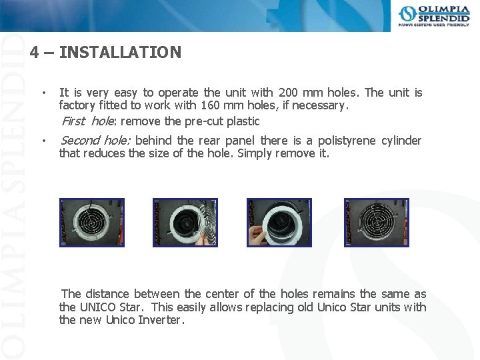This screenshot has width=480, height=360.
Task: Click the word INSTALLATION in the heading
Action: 120,52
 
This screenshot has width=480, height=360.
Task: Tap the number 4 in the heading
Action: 34,52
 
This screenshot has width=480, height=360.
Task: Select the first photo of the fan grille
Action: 92,223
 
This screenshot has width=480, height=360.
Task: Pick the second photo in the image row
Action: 185,223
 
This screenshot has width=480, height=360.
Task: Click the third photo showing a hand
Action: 279,223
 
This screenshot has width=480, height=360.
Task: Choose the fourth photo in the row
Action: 376,223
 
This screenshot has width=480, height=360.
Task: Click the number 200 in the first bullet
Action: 289,93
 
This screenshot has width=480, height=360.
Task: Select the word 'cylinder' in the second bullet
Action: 401,141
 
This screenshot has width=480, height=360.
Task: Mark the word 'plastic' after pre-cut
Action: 243,121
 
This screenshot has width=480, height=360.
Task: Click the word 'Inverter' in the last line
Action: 159,320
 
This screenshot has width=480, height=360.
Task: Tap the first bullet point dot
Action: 43,93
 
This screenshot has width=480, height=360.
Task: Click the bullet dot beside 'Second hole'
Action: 43,141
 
